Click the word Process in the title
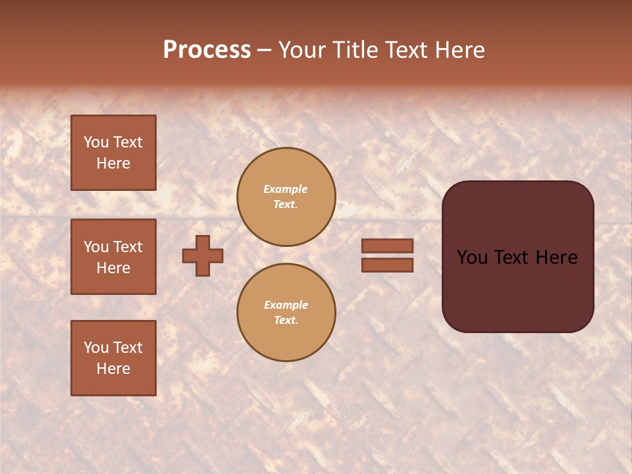tap(207, 50)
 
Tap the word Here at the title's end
tap(459, 50)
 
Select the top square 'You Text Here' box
tap(113, 153)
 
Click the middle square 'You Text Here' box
tap(113, 257)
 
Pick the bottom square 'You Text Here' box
tap(113, 358)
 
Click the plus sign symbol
tap(203, 255)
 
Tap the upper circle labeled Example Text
tap(286, 197)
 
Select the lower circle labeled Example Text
tap(286, 313)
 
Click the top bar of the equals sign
tap(387, 246)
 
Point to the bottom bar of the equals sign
tap(387, 265)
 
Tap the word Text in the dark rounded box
tap(517, 257)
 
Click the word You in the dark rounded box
tap(473, 257)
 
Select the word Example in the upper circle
tap(286, 189)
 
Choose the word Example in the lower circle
tap(286, 305)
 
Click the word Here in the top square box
tap(113, 163)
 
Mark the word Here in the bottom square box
tap(113, 369)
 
